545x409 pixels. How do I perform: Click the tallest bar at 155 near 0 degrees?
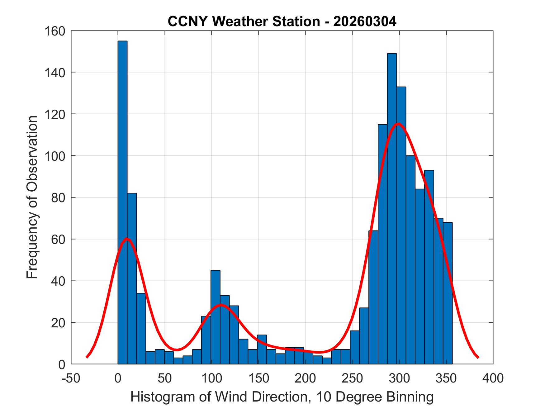click(x=122, y=202)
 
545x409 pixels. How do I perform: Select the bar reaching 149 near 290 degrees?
click(x=392, y=209)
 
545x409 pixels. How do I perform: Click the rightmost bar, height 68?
click(x=448, y=293)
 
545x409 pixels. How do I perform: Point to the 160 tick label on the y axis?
click(x=54, y=31)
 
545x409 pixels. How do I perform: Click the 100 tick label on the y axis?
click(x=54, y=156)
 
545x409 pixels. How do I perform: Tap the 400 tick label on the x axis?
click(x=493, y=378)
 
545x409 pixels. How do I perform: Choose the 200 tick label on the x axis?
click(x=306, y=378)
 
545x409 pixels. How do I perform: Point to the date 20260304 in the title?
click(x=365, y=21)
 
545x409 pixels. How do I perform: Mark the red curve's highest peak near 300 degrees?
click(x=398, y=124)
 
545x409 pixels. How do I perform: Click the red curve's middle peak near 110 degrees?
click(x=221, y=305)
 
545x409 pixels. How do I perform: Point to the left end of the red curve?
click(x=87, y=357)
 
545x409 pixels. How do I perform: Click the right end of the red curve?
click(x=478, y=357)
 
